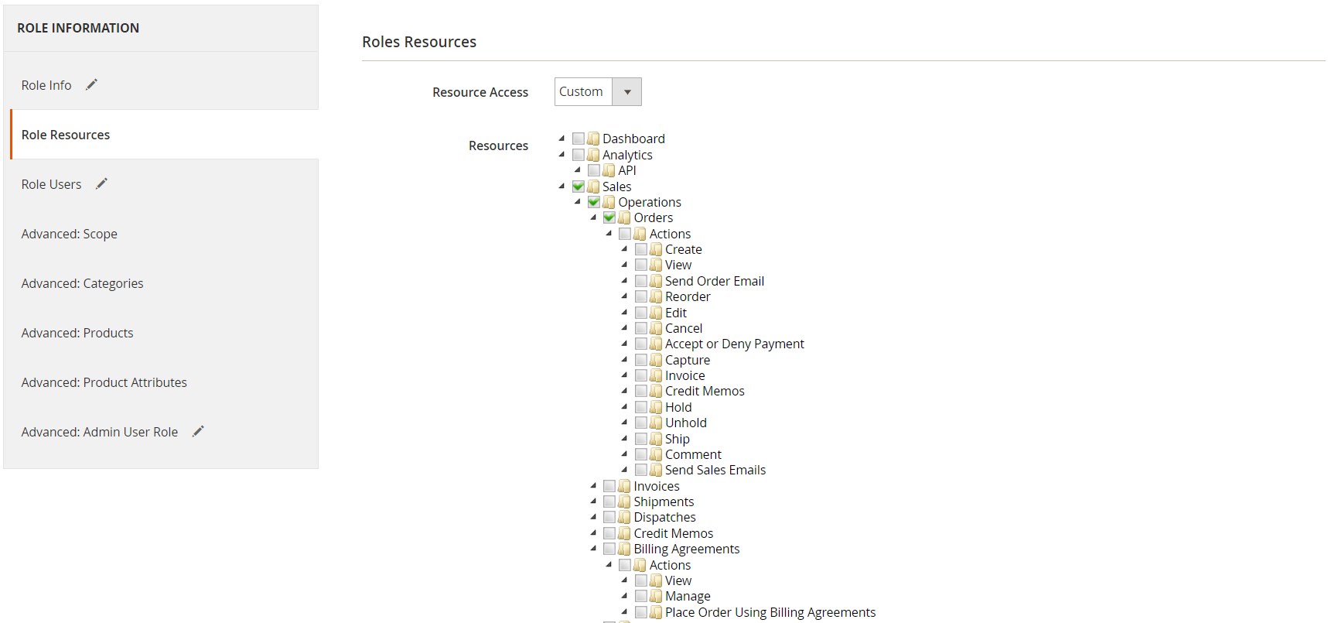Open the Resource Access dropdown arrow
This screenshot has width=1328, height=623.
pyautogui.click(x=627, y=92)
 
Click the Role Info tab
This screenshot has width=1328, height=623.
pyautogui.click(x=46, y=85)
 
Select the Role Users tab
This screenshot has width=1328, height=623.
pyautogui.click(x=51, y=184)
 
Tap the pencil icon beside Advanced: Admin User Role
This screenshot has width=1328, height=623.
pyautogui.click(x=198, y=431)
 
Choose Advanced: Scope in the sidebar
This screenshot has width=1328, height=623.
pyautogui.click(x=70, y=234)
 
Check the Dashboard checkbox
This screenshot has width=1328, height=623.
pyautogui.click(x=579, y=139)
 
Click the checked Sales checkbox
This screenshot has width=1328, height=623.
pyautogui.click(x=579, y=187)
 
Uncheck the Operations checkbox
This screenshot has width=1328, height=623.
pyautogui.click(x=594, y=202)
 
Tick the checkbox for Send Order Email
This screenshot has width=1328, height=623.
pyautogui.click(x=641, y=281)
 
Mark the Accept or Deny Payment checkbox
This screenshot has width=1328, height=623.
pyautogui.click(x=641, y=344)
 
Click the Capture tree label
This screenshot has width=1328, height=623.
pyautogui.click(x=688, y=360)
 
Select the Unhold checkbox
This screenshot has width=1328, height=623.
pyautogui.click(x=641, y=423)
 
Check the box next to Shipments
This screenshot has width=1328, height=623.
pyautogui.click(x=609, y=501)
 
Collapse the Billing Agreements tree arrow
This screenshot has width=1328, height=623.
pyautogui.click(x=593, y=549)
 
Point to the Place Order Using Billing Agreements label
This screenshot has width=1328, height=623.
pyautogui.click(x=770, y=612)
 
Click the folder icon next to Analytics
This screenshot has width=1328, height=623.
pyautogui.click(x=593, y=155)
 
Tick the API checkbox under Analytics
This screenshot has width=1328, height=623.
pyautogui.click(x=594, y=170)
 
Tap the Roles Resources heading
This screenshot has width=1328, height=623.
pyautogui.click(x=419, y=42)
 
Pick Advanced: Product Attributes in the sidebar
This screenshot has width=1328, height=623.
pyautogui.click(x=104, y=382)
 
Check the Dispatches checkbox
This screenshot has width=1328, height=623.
pyautogui.click(x=609, y=517)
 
